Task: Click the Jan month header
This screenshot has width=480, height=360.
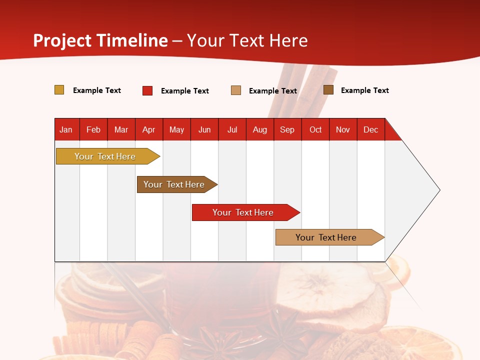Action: coord(66,129)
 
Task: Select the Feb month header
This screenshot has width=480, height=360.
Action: coord(93,129)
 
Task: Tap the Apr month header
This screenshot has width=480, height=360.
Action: coord(148,129)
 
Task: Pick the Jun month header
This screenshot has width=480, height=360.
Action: coord(204,129)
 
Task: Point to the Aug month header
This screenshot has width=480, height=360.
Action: coord(259,129)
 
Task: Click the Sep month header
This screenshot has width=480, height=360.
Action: coord(287,129)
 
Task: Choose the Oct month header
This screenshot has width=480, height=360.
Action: coord(315,129)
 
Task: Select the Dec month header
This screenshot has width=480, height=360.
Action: coord(370,129)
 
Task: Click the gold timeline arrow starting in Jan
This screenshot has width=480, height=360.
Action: coord(105,156)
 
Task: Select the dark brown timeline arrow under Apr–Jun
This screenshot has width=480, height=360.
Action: coord(174,184)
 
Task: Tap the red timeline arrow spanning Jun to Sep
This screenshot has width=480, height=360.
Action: coord(243,212)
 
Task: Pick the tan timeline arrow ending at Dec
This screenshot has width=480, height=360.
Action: coord(326,237)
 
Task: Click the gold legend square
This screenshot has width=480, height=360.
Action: coord(59,90)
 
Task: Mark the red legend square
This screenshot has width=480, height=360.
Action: coord(147,90)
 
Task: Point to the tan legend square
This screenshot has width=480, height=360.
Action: coord(236,90)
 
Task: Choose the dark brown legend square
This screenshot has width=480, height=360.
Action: coord(328,90)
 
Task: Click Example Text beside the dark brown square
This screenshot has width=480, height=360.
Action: coord(364,90)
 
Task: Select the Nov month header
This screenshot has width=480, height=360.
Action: coord(343,129)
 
